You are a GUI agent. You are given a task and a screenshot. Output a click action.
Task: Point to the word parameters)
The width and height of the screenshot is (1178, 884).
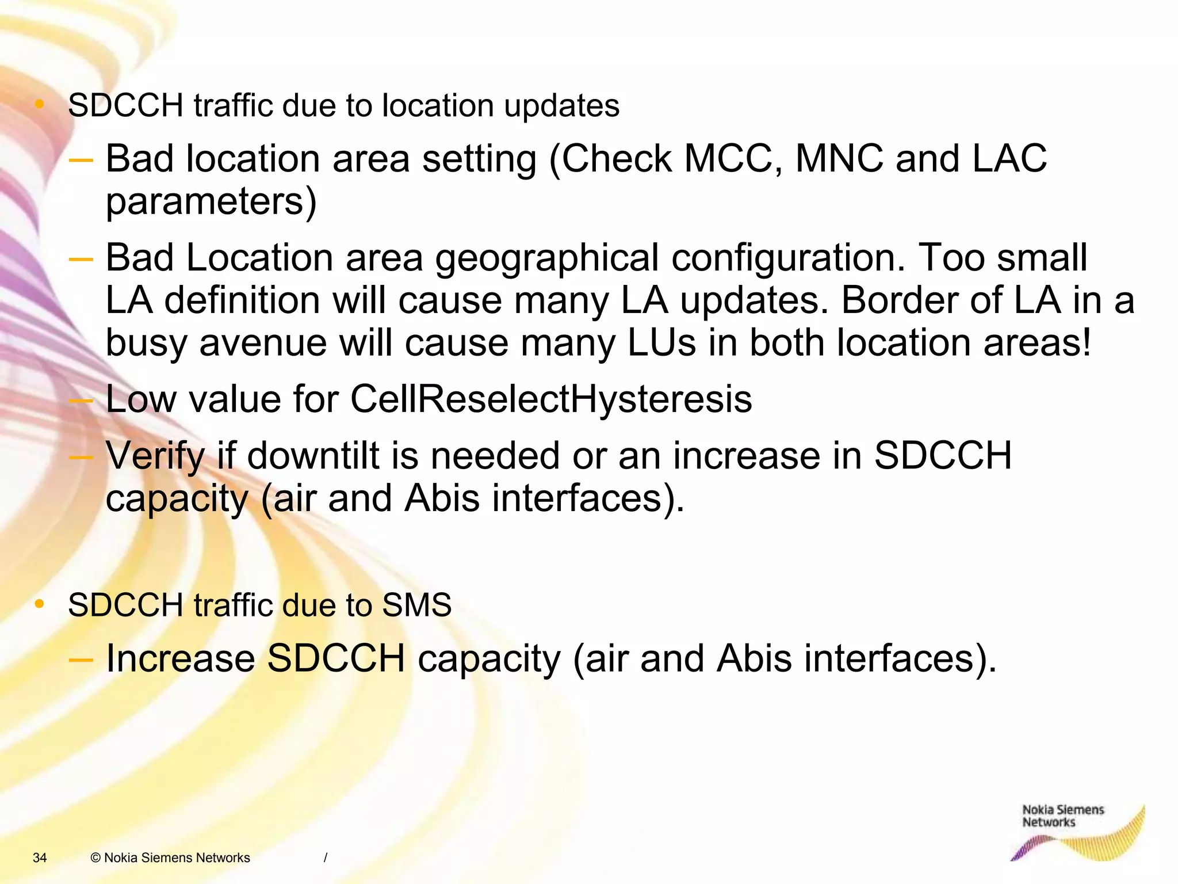[211, 201]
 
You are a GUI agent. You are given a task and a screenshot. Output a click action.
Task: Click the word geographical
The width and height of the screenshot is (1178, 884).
[546, 258]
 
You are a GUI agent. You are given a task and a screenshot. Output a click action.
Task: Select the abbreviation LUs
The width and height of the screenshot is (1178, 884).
[661, 343]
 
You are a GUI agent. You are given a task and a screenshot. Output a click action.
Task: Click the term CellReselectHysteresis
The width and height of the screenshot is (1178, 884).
[550, 399]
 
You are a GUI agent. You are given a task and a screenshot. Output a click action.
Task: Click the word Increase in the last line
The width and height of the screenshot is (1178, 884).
[180, 658]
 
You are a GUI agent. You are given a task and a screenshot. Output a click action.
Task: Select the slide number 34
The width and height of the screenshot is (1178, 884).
[40, 858]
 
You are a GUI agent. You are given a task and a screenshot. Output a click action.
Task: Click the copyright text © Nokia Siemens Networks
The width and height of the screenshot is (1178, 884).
[170, 858]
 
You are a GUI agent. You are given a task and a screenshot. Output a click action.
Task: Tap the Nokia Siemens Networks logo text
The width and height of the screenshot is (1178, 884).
[1062, 816]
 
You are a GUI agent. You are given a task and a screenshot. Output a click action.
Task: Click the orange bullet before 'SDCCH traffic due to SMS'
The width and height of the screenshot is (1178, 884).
[39, 604]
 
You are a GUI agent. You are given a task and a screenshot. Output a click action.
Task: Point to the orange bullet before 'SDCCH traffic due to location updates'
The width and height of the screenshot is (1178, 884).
[39, 104]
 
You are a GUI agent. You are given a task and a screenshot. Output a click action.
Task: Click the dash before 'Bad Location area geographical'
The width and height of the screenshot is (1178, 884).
[81, 260]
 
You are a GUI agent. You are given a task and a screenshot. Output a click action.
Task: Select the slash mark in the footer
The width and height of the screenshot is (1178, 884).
[326, 858]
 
